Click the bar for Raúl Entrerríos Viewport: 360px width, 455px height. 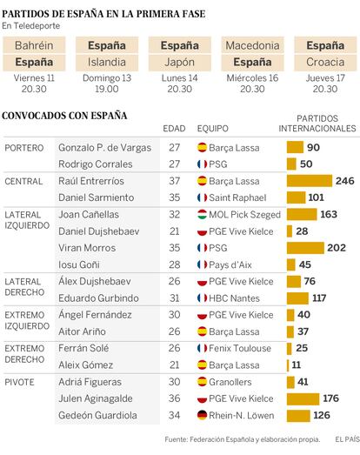[x=310, y=181]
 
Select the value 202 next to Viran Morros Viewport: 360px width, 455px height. [x=337, y=248]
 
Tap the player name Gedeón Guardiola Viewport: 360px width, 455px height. [x=97, y=415]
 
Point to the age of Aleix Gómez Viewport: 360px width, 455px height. [x=174, y=365]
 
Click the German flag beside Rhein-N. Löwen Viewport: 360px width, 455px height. [x=202, y=415]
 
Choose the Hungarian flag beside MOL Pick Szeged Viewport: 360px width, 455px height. [x=202, y=214]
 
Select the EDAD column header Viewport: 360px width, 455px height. [x=174, y=129]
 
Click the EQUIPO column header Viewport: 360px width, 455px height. [x=213, y=129]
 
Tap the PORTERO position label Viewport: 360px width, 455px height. [x=24, y=148]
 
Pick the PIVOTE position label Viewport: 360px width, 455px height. [x=19, y=382]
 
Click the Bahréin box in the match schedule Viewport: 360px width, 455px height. [x=34, y=45]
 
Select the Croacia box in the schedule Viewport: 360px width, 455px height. [x=325, y=62]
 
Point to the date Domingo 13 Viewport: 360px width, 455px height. [x=107, y=77]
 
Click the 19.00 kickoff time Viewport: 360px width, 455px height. [x=107, y=89]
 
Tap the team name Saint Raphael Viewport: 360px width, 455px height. [x=237, y=197]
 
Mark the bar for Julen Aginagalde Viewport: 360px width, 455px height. [x=303, y=398]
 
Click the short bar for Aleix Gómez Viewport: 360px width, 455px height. [x=288, y=365]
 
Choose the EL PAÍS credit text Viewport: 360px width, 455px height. [x=347, y=439]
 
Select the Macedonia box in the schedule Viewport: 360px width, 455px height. [x=253, y=45]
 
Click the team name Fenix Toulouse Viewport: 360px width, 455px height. [x=240, y=348]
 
